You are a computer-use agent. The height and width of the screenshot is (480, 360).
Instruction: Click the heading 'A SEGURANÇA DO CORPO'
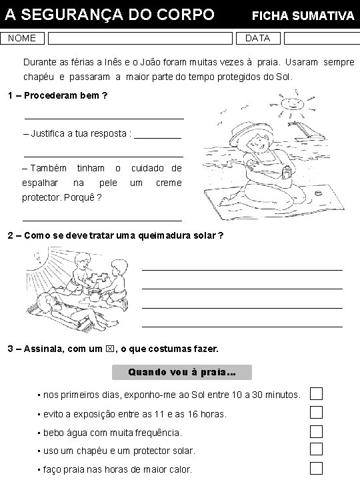(x=110, y=14)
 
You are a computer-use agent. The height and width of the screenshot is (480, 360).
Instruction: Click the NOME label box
(x=22, y=38)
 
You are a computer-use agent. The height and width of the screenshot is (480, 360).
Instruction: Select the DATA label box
(x=257, y=38)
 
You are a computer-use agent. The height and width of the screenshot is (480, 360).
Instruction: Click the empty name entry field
(x=140, y=38)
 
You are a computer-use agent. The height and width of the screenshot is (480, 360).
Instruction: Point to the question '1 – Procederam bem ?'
(x=57, y=95)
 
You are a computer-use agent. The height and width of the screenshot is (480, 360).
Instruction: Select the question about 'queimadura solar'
(x=115, y=236)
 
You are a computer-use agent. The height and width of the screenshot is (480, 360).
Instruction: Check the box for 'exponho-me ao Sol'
(x=316, y=394)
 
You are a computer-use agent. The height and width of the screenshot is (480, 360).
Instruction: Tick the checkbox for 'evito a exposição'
(x=316, y=413)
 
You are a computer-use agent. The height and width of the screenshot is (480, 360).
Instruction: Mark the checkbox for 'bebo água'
(x=316, y=431)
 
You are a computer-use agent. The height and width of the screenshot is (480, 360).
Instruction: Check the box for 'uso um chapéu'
(x=316, y=449)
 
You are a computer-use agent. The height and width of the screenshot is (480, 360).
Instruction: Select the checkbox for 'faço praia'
(x=316, y=468)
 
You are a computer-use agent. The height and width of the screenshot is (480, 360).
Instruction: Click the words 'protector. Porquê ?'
(x=62, y=197)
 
